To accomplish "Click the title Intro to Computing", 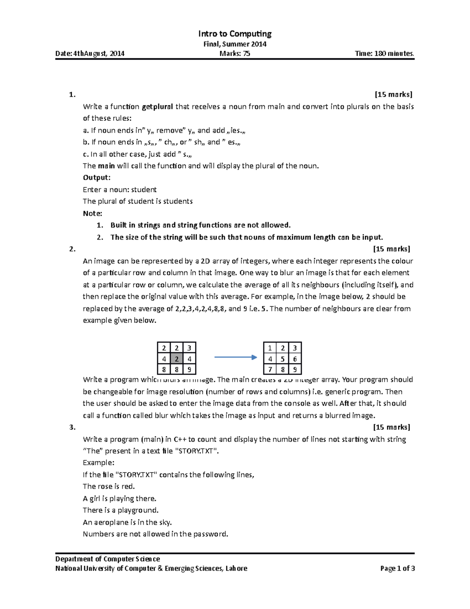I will pyautogui.click(x=235, y=34).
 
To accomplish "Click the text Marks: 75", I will pyautogui.click(x=235, y=54).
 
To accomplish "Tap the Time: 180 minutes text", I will pyautogui.click(x=384, y=54).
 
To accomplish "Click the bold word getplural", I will pyautogui.click(x=157, y=107).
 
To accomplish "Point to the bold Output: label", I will pyautogui.click(x=96, y=178).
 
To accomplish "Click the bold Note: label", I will pyautogui.click(x=92, y=213).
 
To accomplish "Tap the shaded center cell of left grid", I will pyautogui.click(x=177, y=359).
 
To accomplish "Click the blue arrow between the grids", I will pyautogui.click(x=235, y=357).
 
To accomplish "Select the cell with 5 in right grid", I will pyautogui.click(x=282, y=359).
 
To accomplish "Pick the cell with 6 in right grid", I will pyautogui.click(x=295, y=359).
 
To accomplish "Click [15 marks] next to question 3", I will pyautogui.click(x=391, y=427).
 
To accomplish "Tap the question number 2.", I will pyautogui.click(x=72, y=249).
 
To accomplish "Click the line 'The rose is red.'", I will pyautogui.click(x=108, y=487).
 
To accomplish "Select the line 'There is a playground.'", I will pyautogui.click(x=121, y=510).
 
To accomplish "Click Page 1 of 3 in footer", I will pyautogui.click(x=397, y=569).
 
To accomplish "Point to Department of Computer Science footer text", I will pyautogui.click(x=107, y=559).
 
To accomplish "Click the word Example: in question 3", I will pyautogui.click(x=98, y=463).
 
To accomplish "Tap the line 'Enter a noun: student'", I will pyautogui.click(x=119, y=190).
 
